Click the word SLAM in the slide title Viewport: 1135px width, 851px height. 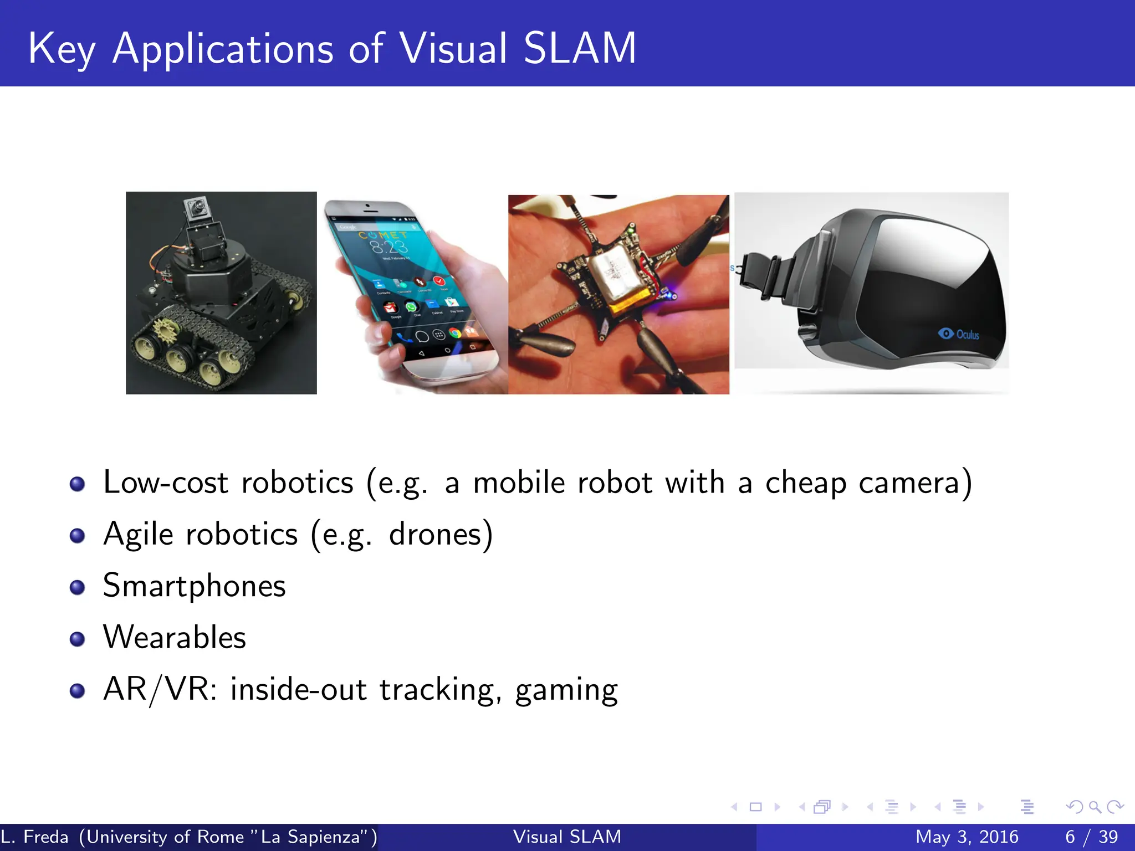coord(580,49)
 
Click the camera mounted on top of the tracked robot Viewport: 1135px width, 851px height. coord(196,209)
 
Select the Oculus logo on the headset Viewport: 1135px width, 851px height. coord(958,334)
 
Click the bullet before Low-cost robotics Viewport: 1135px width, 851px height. coord(78,484)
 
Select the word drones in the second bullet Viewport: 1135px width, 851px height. coord(441,535)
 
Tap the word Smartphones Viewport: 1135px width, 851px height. coord(194,586)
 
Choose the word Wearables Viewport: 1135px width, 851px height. coord(175,637)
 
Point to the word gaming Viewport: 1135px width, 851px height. coord(566,691)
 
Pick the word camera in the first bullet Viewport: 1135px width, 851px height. coord(909,483)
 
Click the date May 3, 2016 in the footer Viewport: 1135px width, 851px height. coord(967,837)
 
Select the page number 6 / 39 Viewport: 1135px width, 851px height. coord(1091,837)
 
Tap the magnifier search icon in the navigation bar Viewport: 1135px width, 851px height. coord(1095,807)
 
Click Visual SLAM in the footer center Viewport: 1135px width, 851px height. coord(567,837)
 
